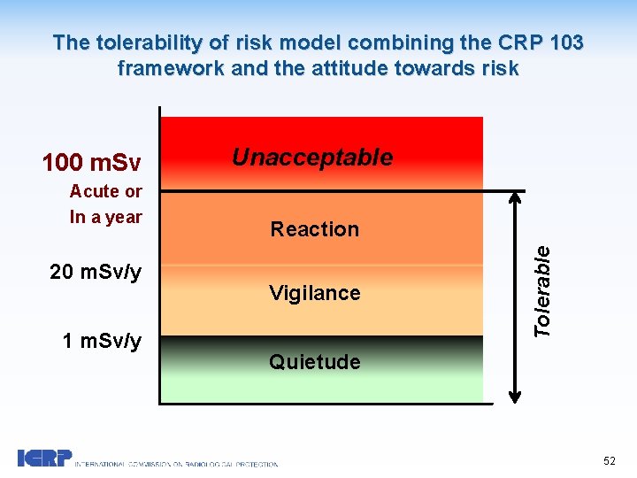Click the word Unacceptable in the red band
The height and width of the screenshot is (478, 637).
point(312,158)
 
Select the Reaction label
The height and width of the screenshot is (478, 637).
point(315,229)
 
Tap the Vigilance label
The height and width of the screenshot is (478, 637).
point(315,293)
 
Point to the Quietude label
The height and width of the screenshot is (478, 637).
point(315,362)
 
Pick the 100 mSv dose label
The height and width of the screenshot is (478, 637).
point(91,163)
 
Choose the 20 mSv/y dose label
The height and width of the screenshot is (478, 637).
point(96,272)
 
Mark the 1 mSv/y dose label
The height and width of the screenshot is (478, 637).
point(102,341)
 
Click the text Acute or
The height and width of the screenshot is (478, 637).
point(106,192)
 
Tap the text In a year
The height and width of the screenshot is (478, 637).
point(106,217)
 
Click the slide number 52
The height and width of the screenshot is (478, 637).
point(609,461)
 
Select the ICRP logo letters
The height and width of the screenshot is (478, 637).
point(44,458)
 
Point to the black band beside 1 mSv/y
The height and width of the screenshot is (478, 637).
point(321,344)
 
